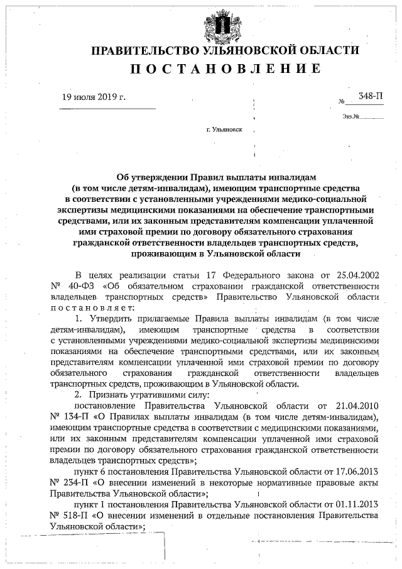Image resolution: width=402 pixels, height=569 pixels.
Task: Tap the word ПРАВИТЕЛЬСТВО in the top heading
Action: click(146, 50)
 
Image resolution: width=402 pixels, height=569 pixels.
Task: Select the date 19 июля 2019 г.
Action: click(94, 97)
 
